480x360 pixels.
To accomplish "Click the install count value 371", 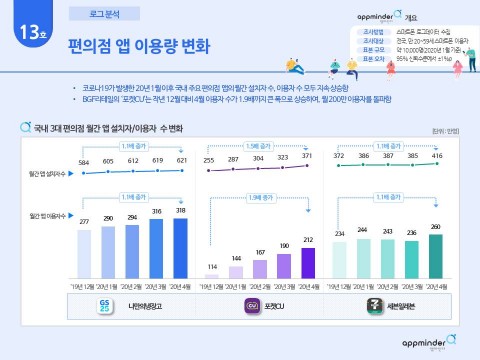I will (307, 158).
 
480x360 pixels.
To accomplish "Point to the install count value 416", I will (435, 157).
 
